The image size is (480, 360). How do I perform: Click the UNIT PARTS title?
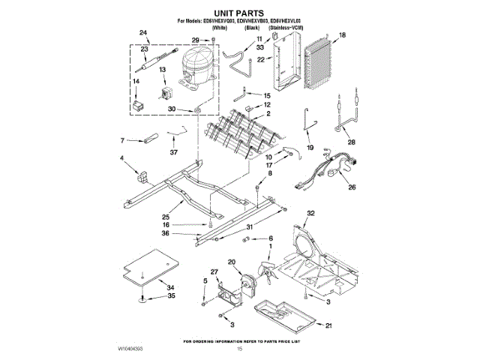(239, 13)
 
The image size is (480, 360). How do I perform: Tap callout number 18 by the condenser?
(341, 35)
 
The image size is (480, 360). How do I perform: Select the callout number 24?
(143, 34)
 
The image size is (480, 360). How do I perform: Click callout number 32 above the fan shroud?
(310, 213)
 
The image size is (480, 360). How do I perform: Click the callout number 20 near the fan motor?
(232, 262)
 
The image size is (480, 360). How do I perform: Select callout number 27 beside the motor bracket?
(214, 272)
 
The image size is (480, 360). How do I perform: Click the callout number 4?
(121, 157)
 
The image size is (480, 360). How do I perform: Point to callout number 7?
(121, 139)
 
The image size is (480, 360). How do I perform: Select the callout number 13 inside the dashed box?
(162, 70)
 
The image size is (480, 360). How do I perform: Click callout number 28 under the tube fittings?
(350, 142)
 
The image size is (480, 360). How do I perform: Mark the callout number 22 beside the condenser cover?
(260, 59)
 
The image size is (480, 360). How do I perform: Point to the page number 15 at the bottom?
(240, 349)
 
